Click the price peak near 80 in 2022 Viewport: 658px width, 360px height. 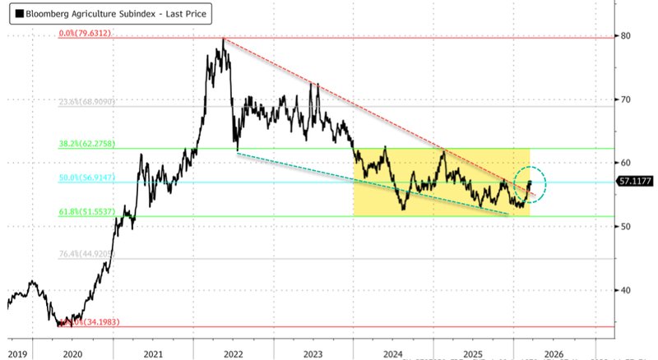pyautogui.click(x=223, y=39)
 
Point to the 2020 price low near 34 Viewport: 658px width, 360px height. pyautogui.click(x=62, y=325)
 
